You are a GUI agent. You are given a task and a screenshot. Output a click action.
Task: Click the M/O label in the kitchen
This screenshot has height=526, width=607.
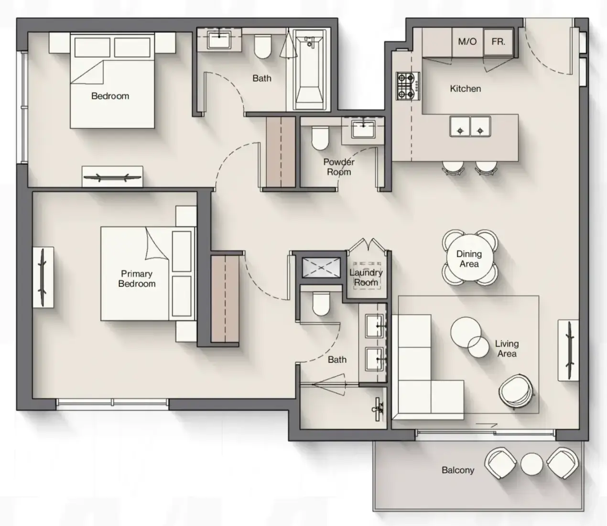point(467,42)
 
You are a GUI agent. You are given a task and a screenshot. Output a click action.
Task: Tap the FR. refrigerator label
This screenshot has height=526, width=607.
point(499,42)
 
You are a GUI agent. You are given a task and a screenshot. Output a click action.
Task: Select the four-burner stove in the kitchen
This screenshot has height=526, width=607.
point(408,86)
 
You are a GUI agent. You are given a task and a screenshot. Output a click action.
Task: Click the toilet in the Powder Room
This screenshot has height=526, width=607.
point(320,138)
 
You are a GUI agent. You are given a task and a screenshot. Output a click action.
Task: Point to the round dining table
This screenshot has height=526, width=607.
point(469,258)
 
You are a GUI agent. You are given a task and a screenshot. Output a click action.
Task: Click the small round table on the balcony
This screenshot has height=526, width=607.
point(531,464)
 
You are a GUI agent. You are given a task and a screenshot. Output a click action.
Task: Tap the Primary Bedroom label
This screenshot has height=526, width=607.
point(137,279)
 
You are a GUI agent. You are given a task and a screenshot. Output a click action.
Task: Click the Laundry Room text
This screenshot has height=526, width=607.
point(366,277)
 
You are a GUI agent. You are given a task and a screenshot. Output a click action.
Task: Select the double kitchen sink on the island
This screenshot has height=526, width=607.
point(470,126)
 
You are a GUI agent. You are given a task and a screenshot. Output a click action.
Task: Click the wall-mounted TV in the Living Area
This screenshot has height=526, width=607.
point(569,351)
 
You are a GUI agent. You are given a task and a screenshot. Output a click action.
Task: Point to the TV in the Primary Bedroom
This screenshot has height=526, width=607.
point(43,277)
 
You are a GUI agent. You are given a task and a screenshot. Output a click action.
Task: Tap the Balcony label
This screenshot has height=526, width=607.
point(458,470)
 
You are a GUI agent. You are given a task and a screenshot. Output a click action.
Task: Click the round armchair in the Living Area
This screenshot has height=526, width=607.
point(516,391)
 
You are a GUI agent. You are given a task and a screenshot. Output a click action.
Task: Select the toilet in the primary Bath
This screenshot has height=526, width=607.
point(321,304)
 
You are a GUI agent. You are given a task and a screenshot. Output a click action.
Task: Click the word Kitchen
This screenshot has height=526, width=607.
point(466,88)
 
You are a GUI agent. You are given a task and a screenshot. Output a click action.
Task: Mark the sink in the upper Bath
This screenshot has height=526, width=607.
point(219,40)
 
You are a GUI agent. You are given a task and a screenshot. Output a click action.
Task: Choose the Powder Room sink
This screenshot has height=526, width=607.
point(363,129)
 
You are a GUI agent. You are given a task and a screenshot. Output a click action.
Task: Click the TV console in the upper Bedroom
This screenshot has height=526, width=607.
point(112,176)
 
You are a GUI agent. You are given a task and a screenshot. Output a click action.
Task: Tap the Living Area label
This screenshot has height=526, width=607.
point(507,348)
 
